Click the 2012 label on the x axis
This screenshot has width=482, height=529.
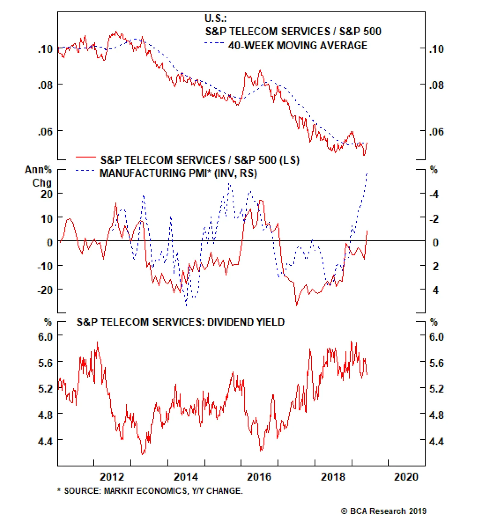pyautogui.click(x=112, y=477)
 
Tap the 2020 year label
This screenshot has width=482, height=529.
pyautogui.click(x=406, y=477)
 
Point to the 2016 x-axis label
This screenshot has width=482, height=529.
pyautogui.click(x=259, y=477)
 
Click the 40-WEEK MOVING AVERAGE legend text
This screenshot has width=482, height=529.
pyautogui.click(x=298, y=46)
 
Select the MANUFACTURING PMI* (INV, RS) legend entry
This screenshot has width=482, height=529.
pyautogui.click(x=178, y=173)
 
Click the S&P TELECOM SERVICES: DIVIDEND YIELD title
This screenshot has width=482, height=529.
pyautogui.click(x=180, y=322)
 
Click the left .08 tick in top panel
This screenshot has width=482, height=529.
pyautogui.click(x=45, y=85)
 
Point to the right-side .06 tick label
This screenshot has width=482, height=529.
pyautogui.click(x=437, y=132)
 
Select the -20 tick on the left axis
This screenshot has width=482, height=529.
pyautogui.click(x=45, y=290)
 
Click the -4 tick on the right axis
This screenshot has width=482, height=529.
pyautogui.click(x=434, y=194)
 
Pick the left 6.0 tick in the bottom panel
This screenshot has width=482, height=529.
pyautogui.click(x=45, y=336)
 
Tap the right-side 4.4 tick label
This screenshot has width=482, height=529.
pyautogui.click(x=437, y=441)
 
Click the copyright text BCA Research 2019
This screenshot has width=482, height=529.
pyautogui.click(x=384, y=511)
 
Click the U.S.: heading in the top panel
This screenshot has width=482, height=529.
pyautogui.click(x=215, y=19)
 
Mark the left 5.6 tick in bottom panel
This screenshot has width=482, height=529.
pyautogui.click(x=45, y=363)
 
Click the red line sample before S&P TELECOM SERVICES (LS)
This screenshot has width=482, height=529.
pyautogui.click(x=86, y=157)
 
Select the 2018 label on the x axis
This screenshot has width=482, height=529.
pyautogui.click(x=333, y=477)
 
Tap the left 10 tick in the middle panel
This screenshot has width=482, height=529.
pyautogui.click(x=47, y=219)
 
